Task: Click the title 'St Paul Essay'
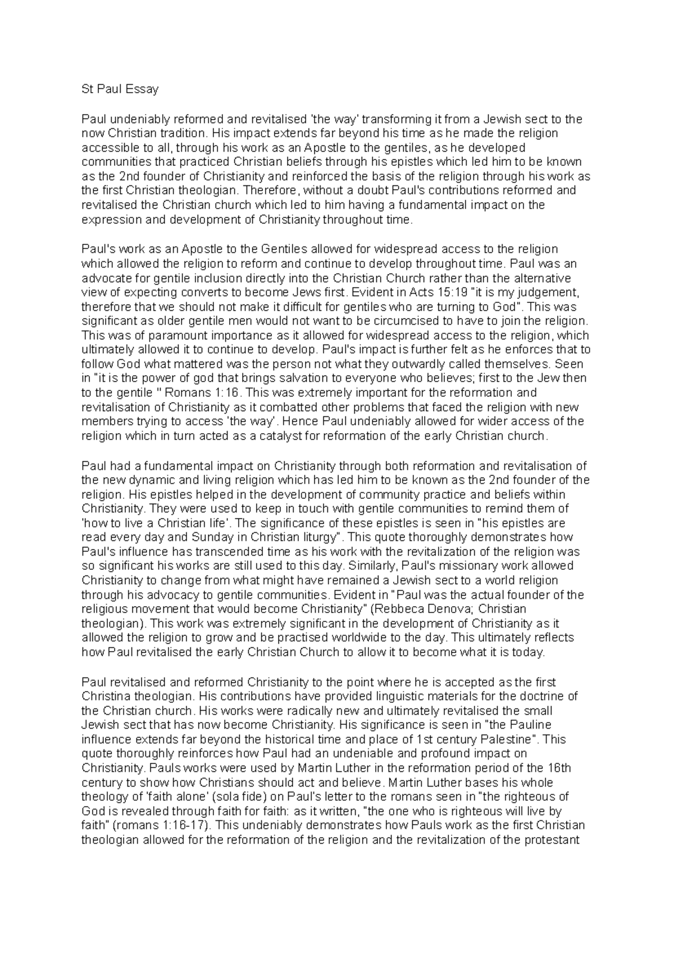click(x=120, y=89)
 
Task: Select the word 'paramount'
click(x=147, y=335)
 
